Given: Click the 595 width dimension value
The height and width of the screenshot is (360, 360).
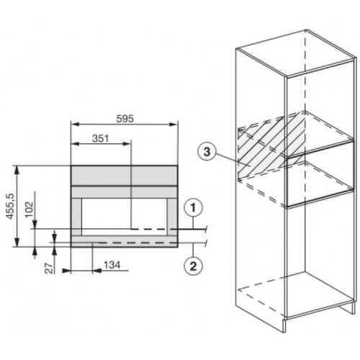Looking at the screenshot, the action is click(125, 119).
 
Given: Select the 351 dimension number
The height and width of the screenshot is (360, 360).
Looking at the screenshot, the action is click(101, 138).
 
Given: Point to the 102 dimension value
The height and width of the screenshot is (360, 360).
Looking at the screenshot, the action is click(29, 210).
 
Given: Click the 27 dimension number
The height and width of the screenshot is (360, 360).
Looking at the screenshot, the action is click(49, 269).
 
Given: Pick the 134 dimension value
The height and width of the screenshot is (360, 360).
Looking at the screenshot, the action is click(112, 265).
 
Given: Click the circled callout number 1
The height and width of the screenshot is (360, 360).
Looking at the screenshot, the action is click(194, 208).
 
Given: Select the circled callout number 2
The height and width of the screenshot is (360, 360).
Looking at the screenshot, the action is click(194, 266).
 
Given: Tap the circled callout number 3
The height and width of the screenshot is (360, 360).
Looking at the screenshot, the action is click(207, 152).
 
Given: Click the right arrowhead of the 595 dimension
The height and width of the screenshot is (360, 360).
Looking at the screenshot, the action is click(174, 124).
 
